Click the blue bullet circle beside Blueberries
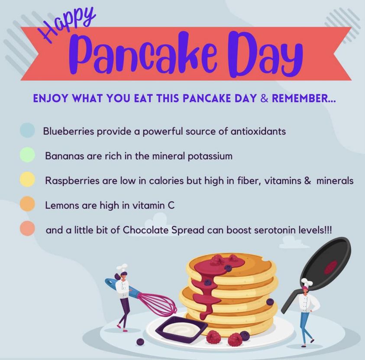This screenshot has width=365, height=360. pos(27,130)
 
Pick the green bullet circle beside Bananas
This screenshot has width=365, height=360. pos(27,155)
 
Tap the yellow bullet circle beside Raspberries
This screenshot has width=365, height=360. pos(27,180)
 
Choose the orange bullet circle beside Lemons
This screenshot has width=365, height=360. pos(27,204)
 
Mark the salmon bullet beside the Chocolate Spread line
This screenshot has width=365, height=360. pos(27,229)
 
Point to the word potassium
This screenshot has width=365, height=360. pos(209,156)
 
